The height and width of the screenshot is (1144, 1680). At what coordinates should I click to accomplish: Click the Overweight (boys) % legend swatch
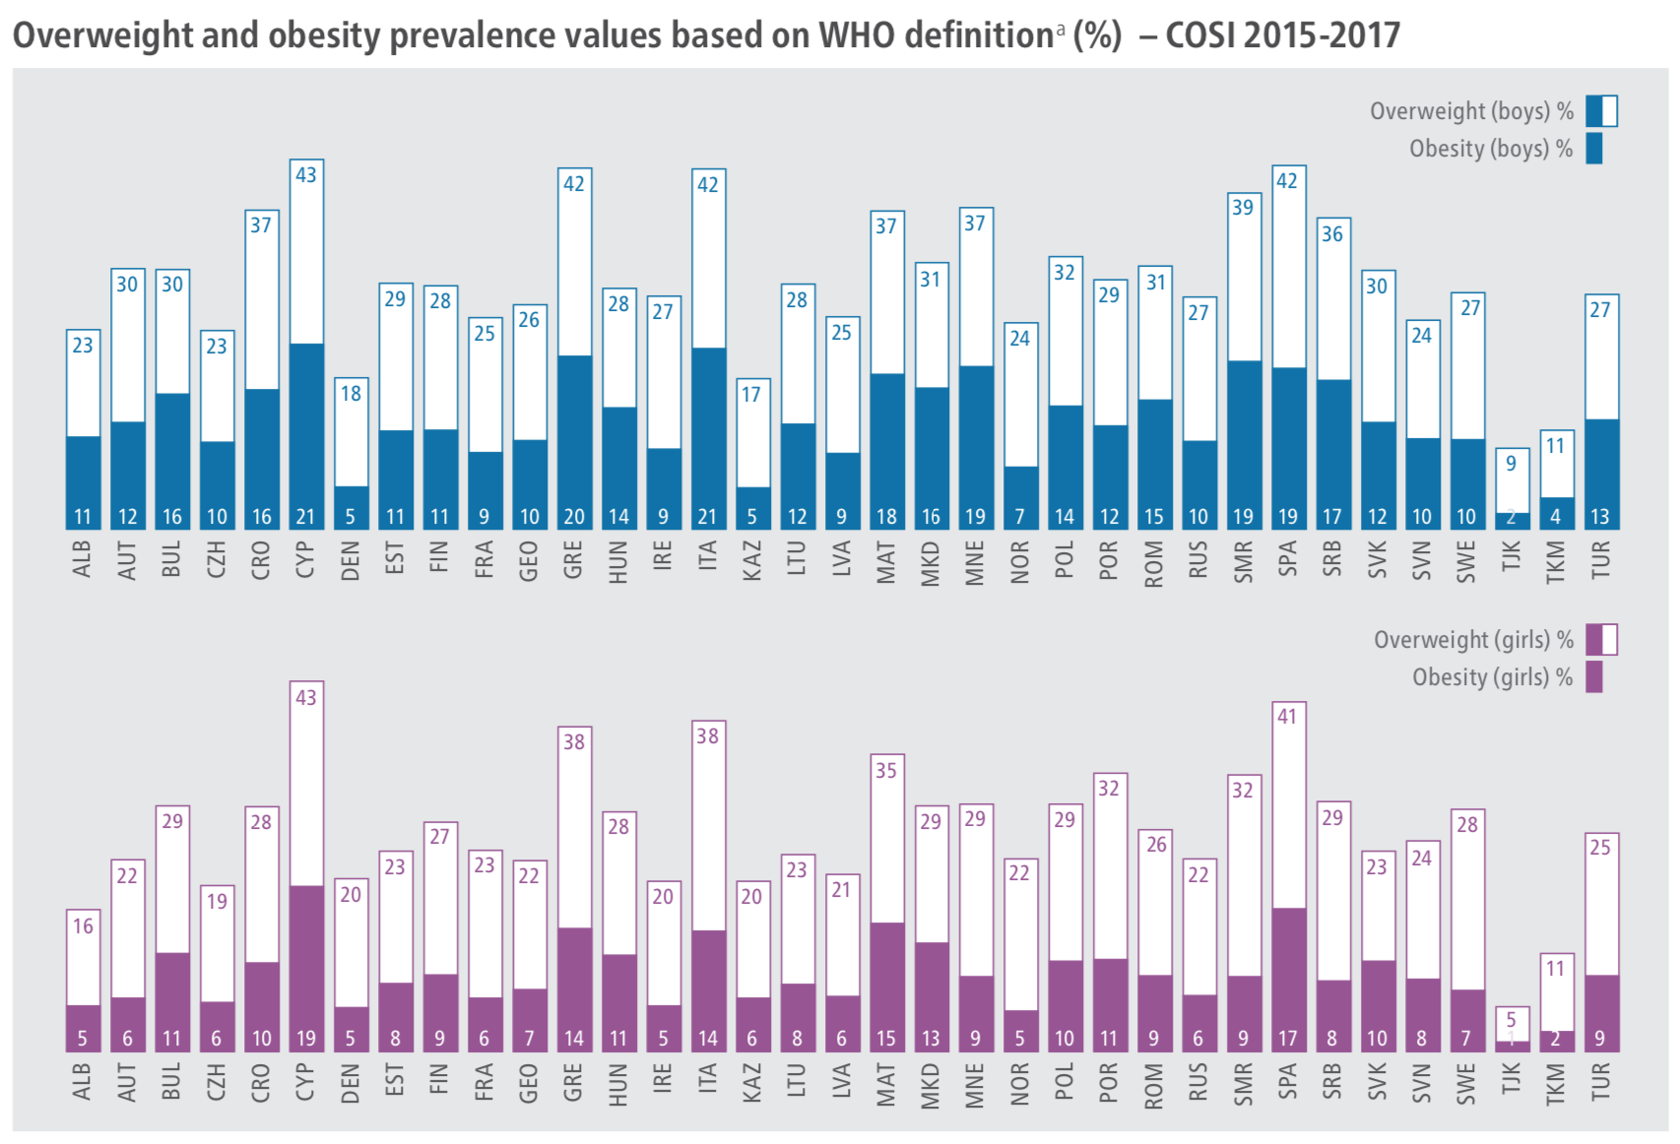pos(1601,111)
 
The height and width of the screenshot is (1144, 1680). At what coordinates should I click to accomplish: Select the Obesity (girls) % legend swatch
pos(1594,677)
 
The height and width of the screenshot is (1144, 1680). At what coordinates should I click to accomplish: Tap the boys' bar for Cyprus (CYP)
pos(306,345)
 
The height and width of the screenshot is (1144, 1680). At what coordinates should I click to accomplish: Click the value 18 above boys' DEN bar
pos(351,394)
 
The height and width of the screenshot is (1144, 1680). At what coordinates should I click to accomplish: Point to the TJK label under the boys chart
pos(1511,558)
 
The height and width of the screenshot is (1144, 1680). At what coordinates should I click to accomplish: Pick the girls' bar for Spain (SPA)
pos(1288,876)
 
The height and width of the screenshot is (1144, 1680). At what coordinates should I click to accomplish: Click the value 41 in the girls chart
pos(1288,717)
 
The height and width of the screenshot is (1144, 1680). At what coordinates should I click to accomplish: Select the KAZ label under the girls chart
pos(752,1082)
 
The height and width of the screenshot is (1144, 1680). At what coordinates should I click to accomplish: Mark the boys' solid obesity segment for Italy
pos(708,438)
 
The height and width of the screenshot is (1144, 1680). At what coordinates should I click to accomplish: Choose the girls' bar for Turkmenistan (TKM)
pos(1555,1002)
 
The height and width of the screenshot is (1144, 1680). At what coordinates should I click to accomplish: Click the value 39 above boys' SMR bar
pos(1244,208)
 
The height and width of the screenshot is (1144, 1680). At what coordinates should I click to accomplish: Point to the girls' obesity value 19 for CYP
pos(306,1038)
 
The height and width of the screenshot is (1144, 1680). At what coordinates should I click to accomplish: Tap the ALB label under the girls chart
pos(83,1082)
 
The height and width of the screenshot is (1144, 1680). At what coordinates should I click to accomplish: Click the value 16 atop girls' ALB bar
pos(83,926)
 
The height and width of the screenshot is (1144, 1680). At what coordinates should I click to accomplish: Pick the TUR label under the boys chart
pos(1600,558)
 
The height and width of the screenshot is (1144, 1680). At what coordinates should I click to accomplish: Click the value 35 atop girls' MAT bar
pos(886,770)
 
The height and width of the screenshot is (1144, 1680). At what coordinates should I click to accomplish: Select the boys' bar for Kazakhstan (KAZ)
pos(752,454)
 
